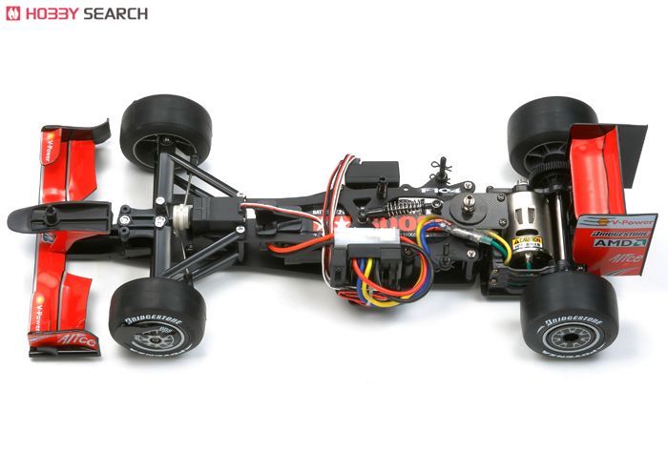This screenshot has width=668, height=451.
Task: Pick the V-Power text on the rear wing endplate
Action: pyautogui.click(x=624, y=222)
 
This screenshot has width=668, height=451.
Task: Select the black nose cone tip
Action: pyautogui.click(x=24, y=220)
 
